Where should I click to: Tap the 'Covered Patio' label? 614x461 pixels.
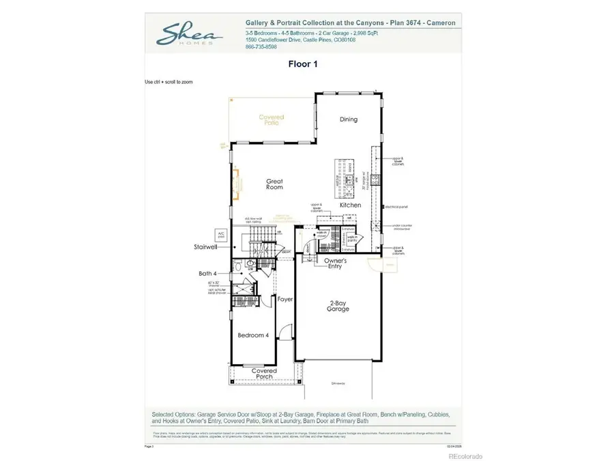pyautogui.click(x=271, y=120)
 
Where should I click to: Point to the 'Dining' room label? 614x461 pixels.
pyautogui.click(x=349, y=120)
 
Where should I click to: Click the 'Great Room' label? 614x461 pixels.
pyautogui.click(x=274, y=184)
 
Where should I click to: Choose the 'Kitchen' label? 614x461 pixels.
pyautogui.click(x=351, y=205)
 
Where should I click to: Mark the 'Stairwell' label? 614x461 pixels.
pyautogui.click(x=205, y=249)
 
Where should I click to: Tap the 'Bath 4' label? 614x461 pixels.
pyautogui.click(x=207, y=273)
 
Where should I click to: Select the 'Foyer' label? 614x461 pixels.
pyautogui.click(x=284, y=299)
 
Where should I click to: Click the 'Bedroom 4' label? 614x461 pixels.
pyautogui.click(x=252, y=336)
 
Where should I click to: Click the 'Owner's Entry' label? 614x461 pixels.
pyautogui.click(x=335, y=263)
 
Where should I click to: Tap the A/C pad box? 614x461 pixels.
pyautogui.click(x=220, y=234)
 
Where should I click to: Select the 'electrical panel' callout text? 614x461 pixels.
pyautogui.click(x=396, y=206)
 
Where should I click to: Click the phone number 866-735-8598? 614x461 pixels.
pyautogui.click(x=261, y=47)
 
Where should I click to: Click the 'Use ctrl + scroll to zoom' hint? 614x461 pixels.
pyautogui.click(x=169, y=82)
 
